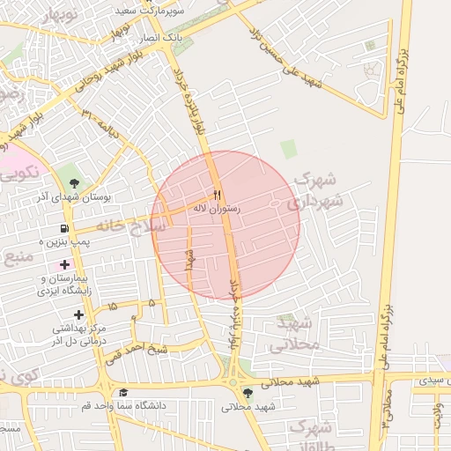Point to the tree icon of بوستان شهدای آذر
click(74, 182)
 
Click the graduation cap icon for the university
click(123, 393)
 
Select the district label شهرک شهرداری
click(314, 189)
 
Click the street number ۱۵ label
click(112, 306)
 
